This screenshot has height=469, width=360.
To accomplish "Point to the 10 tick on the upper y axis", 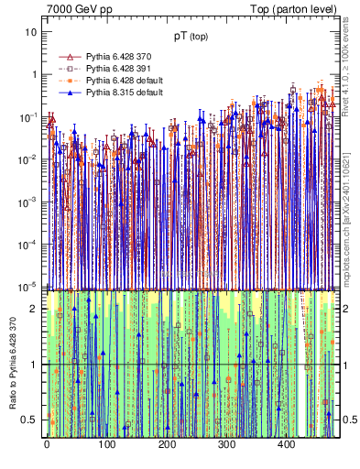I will tap(31, 32).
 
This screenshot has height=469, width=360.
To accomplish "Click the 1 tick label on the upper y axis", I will tap(34, 74).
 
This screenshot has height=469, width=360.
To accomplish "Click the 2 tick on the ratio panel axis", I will tap(34, 309).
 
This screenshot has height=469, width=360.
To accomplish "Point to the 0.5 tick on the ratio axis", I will tap(29, 420).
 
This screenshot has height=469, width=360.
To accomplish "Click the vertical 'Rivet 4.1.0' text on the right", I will tap(348, 69).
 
